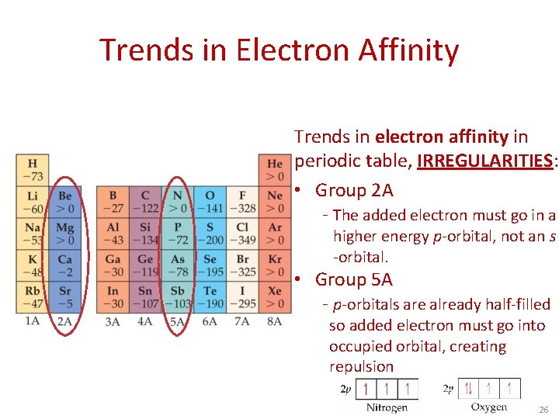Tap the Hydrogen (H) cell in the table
point(33,170)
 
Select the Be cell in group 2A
point(65,202)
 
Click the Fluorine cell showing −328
point(243,202)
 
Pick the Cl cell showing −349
point(243,234)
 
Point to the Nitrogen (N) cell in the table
point(178,202)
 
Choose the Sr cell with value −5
point(65,297)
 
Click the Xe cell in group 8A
point(275,297)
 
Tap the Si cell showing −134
point(145,234)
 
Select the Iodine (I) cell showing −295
point(243,297)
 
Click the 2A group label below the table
point(65,320)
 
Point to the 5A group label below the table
point(178,320)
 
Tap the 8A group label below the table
point(274,320)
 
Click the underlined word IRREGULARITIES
point(484,161)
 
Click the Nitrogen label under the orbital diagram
point(386,407)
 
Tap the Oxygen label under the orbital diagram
point(488,407)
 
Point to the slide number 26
point(543,409)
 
